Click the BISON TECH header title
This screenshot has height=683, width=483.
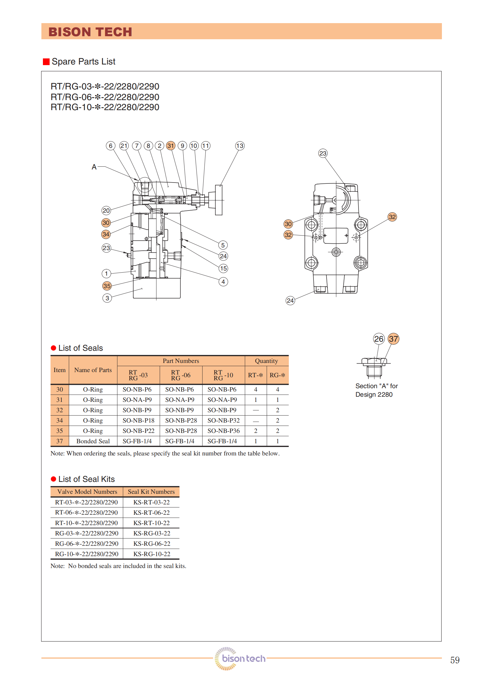click(90, 32)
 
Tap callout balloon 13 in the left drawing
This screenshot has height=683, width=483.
click(240, 146)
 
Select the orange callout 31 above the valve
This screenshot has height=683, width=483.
click(171, 146)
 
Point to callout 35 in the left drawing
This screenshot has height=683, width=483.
click(107, 286)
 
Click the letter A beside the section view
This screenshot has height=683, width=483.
click(94, 167)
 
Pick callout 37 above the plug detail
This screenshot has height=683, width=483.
click(394, 339)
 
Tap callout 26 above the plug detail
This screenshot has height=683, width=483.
click(379, 339)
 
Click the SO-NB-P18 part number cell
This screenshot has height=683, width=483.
click(138, 420)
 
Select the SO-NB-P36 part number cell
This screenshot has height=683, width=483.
click(223, 431)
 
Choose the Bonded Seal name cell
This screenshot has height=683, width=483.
click(93, 441)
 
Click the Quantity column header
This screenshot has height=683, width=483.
click(266, 361)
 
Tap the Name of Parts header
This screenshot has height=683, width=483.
click(93, 370)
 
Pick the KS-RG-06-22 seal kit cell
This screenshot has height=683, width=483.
click(152, 544)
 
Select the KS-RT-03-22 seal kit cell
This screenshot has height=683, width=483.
click(151, 502)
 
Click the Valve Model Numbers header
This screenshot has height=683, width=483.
click(87, 492)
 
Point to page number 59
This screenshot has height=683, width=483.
click(455, 660)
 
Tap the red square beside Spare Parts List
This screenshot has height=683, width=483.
click(46, 62)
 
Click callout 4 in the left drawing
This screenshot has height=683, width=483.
click(223, 282)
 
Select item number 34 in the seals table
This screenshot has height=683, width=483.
click(60, 420)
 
